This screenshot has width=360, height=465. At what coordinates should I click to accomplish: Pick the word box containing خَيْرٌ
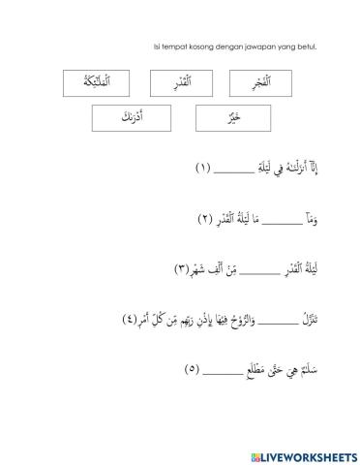pyautogui.click(x=229, y=120)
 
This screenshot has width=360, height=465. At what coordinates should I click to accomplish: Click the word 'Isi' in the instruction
pyautogui.click(x=158, y=46)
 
